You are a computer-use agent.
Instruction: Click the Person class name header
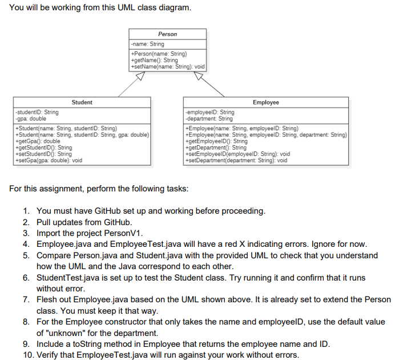coord(167,34)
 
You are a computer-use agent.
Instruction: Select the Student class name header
coord(82,102)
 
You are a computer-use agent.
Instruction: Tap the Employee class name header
coord(265,102)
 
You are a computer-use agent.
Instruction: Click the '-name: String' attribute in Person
coord(148,44)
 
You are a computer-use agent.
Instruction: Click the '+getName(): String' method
coord(155,60)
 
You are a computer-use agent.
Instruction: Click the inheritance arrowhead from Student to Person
coord(137,75)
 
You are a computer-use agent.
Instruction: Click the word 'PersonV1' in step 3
coord(127,233)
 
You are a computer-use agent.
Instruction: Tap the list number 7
coord(27,299)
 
